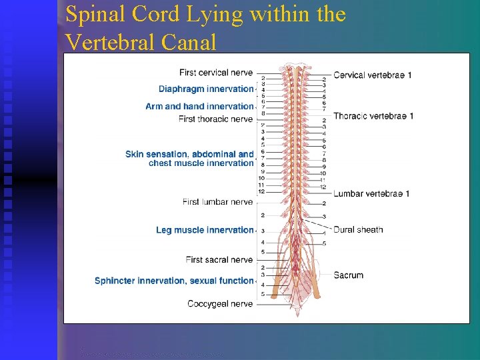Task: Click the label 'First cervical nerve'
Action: click(216, 73)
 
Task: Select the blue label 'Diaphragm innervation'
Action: click(206, 89)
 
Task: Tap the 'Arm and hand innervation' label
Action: click(199, 106)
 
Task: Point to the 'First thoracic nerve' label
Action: click(216, 119)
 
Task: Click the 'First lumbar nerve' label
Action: click(218, 202)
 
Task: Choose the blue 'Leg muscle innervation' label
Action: click(205, 230)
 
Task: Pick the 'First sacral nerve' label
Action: click(219, 259)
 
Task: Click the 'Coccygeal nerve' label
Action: click(220, 304)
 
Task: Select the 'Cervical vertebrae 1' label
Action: click(372, 75)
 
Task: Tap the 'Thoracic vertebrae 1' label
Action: click(373, 116)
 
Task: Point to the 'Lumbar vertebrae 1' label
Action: click(371, 194)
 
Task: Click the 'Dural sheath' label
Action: click(358, 230)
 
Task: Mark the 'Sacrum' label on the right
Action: click(348, 275)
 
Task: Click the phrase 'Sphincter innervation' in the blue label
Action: click(141, 281)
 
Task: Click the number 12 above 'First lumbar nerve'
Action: click(261, 192)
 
